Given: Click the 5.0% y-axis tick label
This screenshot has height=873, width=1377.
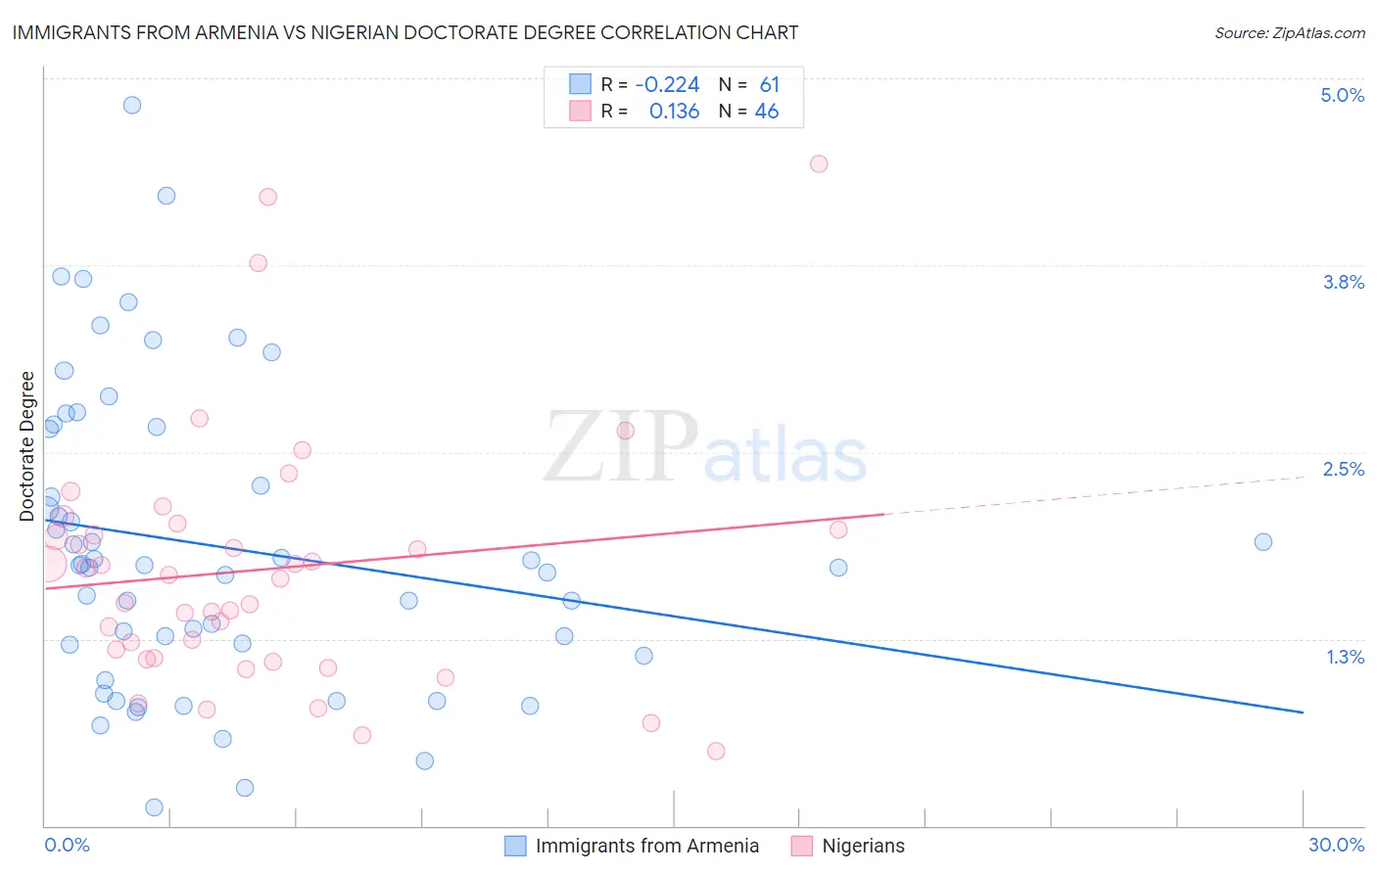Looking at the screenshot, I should coord(1342,95).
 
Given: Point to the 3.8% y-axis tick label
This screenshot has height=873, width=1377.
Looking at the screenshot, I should coord(1343,282).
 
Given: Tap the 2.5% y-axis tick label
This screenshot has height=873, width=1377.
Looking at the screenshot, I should coord(1343,469).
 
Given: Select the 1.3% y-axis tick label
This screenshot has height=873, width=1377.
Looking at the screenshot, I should coord(1345,657).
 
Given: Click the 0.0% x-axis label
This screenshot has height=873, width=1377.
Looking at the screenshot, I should coord(67,845).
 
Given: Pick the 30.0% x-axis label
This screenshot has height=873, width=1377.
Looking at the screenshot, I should coord(1336,845).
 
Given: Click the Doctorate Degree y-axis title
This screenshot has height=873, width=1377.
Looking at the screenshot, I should coord(26,446).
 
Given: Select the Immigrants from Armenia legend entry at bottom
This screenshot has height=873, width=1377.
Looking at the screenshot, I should coord(646,846).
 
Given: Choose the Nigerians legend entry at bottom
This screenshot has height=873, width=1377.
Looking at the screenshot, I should coord(863,846).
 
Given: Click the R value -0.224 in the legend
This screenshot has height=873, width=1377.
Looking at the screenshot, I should coord(667,85).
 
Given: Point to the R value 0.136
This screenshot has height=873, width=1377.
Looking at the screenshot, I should coord(674,112).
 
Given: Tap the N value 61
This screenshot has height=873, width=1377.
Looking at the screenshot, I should coord(769,85).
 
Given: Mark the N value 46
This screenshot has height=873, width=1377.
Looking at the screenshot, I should coord(766,112).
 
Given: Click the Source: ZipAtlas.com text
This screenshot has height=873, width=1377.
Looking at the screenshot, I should coord(1289,33).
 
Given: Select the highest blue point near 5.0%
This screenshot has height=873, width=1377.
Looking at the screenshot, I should coord(132,105).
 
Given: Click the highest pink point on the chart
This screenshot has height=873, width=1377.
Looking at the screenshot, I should coord(819,163).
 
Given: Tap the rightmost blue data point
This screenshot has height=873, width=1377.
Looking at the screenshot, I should coord(1263,542).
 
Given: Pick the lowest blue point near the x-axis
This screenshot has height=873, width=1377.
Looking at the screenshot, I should coord(154,807).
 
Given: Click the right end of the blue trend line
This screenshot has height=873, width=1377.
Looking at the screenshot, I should coord(1303,712).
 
